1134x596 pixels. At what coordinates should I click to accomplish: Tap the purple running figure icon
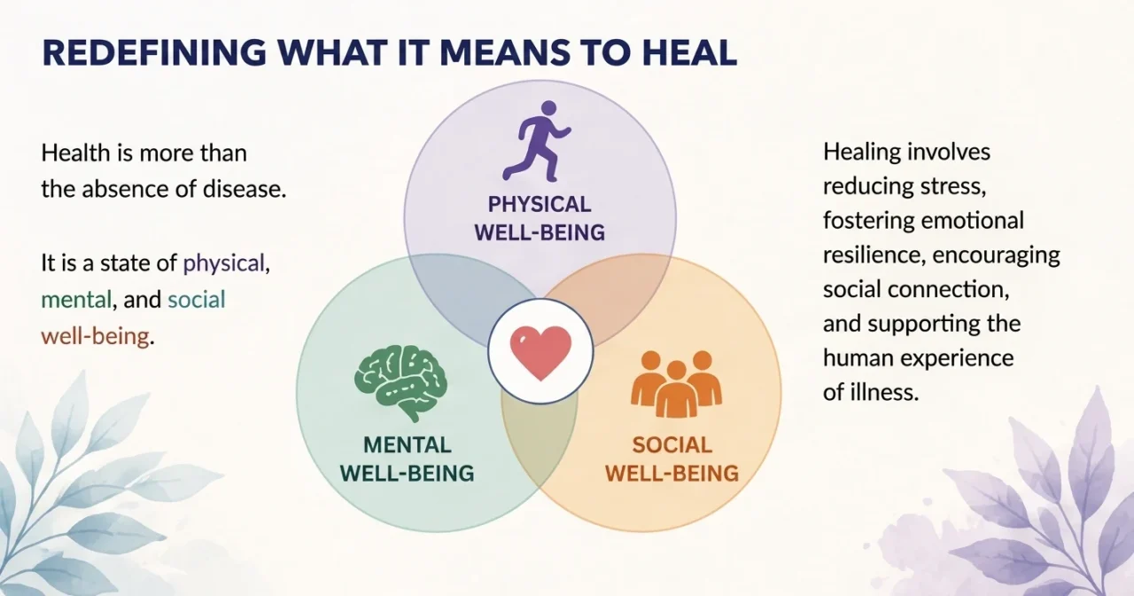537,141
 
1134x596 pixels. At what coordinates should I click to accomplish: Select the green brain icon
400,383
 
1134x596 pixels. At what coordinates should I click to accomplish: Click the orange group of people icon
676,383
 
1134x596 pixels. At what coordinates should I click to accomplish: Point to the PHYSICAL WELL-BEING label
540,218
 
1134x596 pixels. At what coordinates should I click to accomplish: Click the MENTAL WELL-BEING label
407,459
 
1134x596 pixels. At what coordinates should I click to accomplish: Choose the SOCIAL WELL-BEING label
672,459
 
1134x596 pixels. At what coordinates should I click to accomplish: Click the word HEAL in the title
689,52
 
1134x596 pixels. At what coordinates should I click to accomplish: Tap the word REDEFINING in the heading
154,52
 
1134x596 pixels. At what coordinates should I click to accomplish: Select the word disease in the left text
245,189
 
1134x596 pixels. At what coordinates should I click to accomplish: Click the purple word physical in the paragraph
224,263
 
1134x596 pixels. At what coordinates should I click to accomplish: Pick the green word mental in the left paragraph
76,300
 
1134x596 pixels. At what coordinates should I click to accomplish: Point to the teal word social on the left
197,300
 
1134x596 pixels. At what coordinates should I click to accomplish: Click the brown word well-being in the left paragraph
95,336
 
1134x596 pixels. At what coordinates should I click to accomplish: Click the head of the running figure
548,108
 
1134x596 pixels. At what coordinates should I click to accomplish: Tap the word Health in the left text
75,153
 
